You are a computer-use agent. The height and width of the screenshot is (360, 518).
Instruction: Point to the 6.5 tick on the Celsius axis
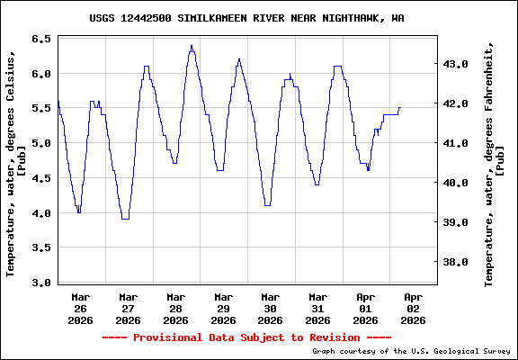pos(41,40)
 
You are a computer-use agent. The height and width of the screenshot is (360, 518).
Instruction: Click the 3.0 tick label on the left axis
pos(41,283)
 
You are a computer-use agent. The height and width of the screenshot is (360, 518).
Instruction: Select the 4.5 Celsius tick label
pos(41,178)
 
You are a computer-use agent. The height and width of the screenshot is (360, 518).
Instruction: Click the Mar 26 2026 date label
pos(81,307)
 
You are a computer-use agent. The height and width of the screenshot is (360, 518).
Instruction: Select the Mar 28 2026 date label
pos(175,307)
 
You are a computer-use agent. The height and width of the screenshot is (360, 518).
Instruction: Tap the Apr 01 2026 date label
pos(365,307)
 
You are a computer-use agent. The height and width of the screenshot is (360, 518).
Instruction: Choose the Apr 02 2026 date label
pos(413,307)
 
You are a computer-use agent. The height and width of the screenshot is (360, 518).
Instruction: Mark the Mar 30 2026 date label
pos(270,307)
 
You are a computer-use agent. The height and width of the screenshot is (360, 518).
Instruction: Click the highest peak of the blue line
pos(192,46)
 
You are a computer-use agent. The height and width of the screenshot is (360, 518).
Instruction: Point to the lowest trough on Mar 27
pos(125,218)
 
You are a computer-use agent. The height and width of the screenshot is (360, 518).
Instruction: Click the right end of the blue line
pos(400,108)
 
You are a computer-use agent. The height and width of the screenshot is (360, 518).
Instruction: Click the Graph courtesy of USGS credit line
pos(412,352)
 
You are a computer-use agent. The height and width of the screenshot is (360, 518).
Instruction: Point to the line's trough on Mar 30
pos(267,205)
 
